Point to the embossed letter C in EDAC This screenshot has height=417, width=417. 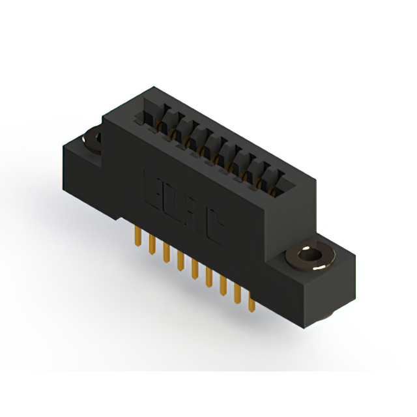(x=213, y=233)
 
